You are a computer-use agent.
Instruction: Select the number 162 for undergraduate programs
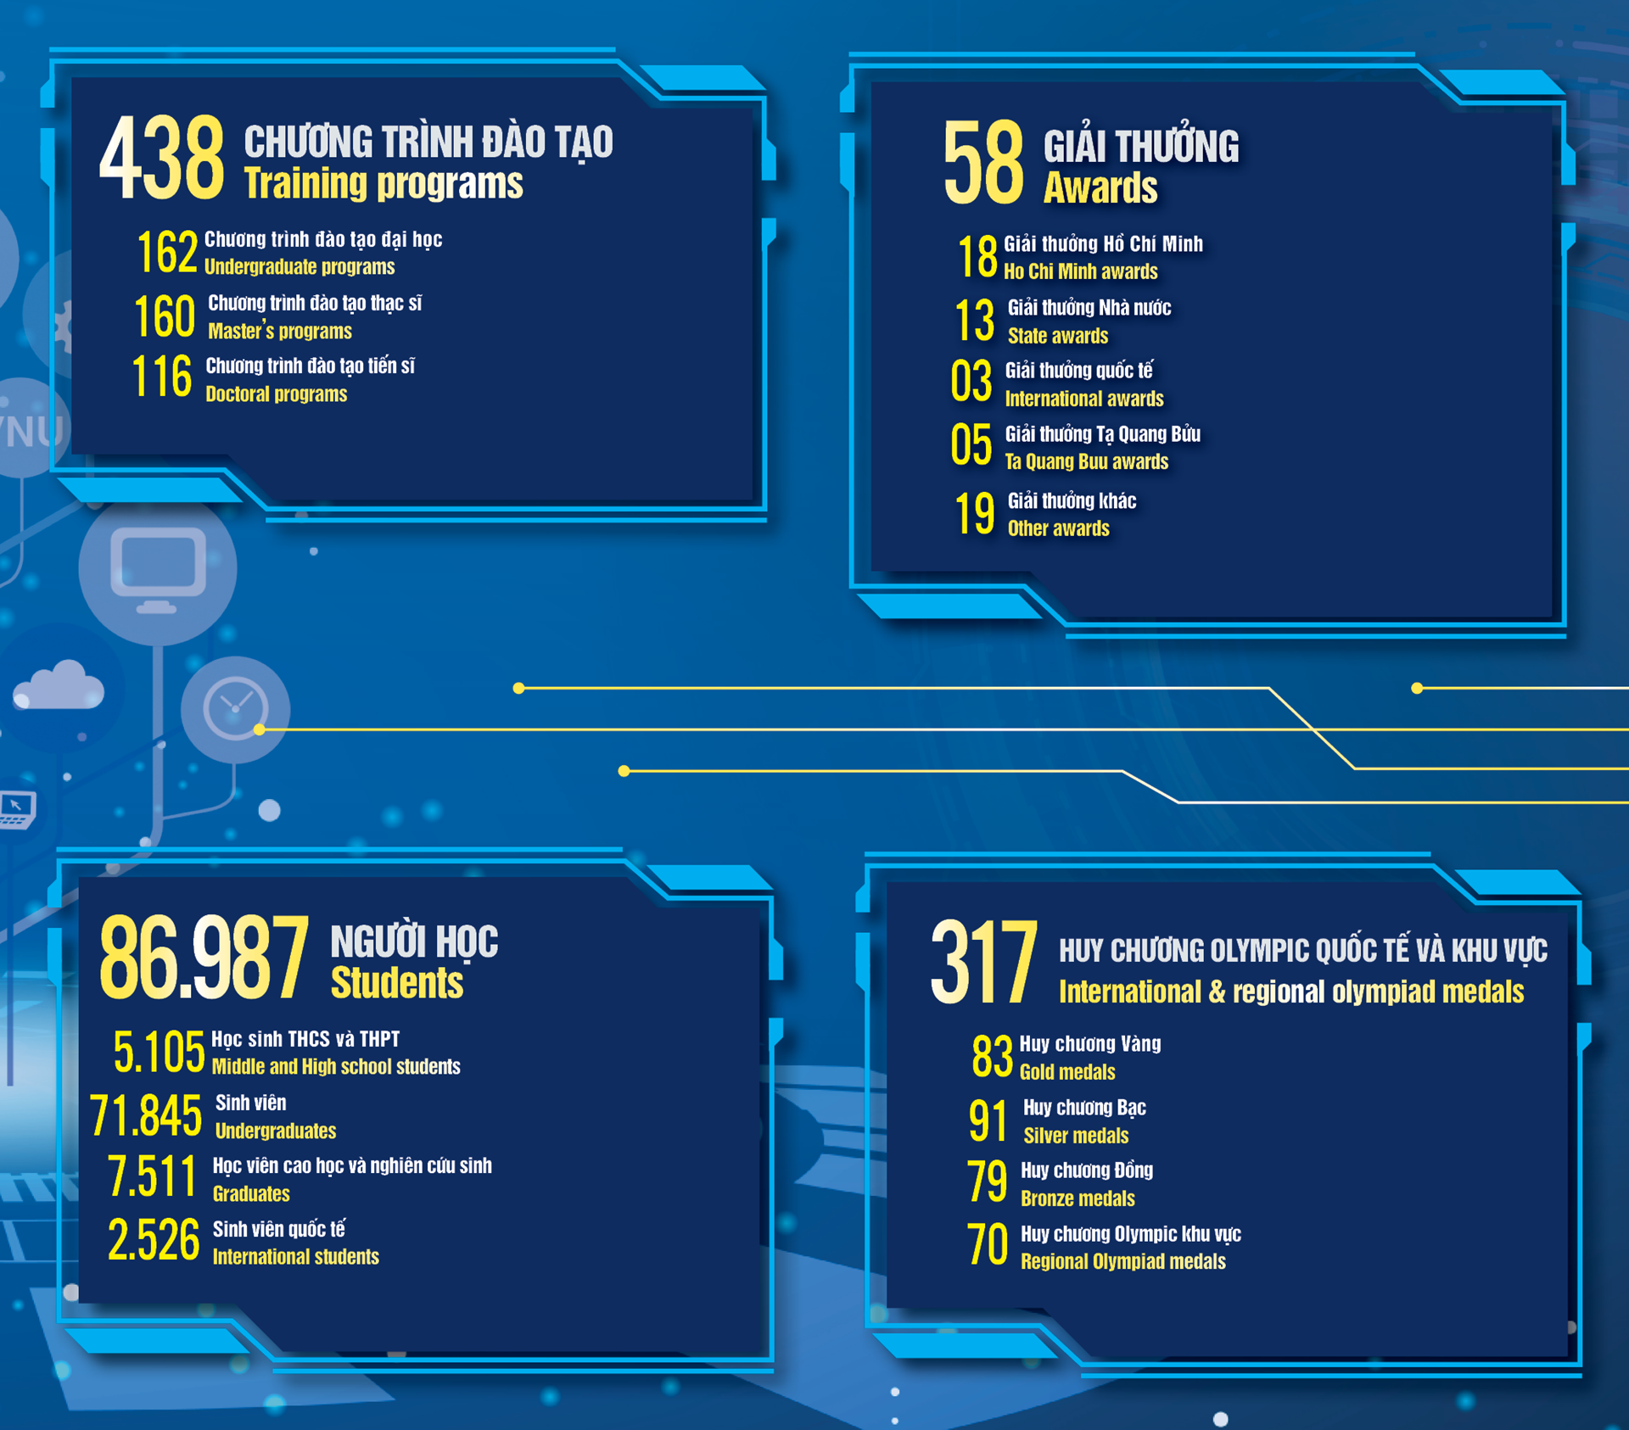coord(167,252)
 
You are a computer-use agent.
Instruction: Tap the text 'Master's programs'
coord(280,331)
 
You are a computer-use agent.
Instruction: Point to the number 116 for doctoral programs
coord(162,377)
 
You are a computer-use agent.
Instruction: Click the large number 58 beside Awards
coord(984,162)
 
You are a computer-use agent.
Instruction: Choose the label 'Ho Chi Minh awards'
coord(1081,271)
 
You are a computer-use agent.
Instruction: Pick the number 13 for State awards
coord(975,321)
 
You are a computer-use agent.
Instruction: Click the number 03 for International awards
coord(971,381)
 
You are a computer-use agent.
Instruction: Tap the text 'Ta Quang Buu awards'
coord(1087,461)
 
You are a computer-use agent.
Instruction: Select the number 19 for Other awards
coord(975,513)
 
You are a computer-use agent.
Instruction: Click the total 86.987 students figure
coord(204,957)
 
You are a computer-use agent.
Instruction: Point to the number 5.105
coord(160,1053)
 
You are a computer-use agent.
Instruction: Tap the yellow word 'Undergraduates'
coord(276,1131)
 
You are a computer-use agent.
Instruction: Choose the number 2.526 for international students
coord(154,1240)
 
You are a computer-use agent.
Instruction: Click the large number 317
coord(984,962)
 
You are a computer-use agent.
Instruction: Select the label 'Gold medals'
coord(1067,1072)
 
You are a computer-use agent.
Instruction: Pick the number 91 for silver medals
coord(988,1120)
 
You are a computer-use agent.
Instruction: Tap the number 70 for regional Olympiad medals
coord(988,1244)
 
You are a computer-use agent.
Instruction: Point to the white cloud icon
coord(59,684)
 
